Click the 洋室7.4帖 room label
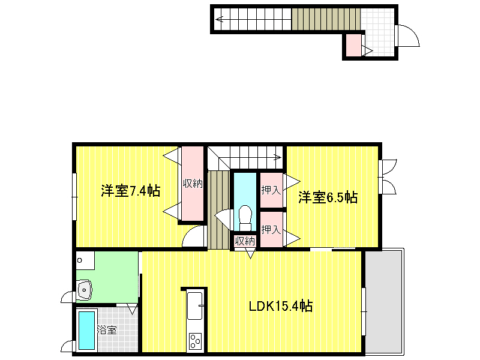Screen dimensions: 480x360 coord(131,191)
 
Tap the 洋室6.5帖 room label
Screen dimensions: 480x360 coord(328,197)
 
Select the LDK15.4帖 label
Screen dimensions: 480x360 coord(281,306)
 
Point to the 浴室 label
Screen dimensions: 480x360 coord(107,330)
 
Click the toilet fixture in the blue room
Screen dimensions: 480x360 coord(245,218)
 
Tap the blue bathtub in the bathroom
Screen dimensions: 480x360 coord(86,331)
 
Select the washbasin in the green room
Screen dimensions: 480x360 coord(84,290)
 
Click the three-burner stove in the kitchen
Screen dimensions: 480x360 coord(196,341)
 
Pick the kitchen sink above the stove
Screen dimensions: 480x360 coord(194,305)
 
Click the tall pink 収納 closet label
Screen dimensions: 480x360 coord(193,184)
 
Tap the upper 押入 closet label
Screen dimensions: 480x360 coord(271,190)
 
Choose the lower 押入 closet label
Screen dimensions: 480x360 coord(271,229)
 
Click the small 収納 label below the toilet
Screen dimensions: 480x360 coord(245,241)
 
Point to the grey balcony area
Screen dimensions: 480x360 coord(385,302)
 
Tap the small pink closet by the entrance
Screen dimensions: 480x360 coord(353,45)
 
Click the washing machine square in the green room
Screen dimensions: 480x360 coord(85,260)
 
